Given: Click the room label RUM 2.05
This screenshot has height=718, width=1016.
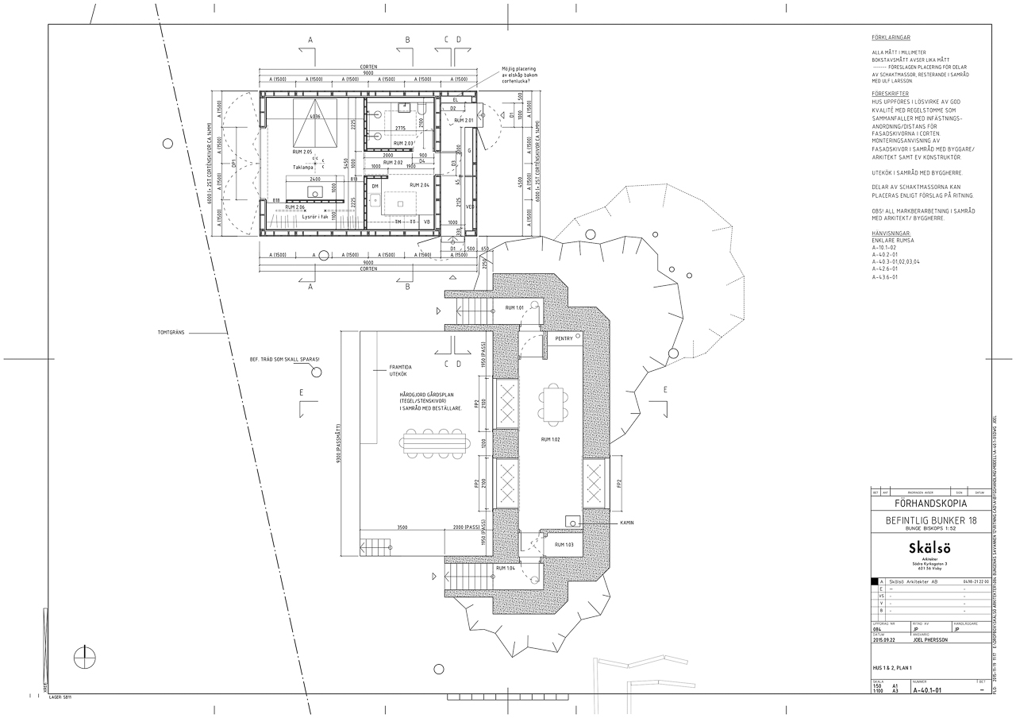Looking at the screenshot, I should [302, 152].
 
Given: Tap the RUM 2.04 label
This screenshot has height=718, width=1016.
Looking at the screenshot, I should [419, 185].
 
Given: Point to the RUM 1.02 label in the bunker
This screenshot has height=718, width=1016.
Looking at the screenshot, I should [551, 439].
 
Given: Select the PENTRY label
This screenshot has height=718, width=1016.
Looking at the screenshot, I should [564, 339].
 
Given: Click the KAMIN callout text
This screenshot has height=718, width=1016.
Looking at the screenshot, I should [628, 523].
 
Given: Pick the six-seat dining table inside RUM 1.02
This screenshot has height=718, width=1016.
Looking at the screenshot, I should [554, 403].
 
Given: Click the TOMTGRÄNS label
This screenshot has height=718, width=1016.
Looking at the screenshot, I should [171, 332].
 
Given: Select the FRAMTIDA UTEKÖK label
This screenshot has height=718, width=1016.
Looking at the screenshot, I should [398, 370].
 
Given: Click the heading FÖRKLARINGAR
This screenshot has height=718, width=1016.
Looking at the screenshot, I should [891, 37].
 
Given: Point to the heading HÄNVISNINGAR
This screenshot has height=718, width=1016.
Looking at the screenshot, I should [892, 234].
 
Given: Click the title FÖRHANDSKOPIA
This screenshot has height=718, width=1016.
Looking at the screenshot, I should [929, 504].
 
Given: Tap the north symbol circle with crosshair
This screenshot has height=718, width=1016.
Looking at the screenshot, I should [84, 657].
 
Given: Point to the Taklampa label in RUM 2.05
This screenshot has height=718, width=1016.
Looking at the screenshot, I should [303, 168].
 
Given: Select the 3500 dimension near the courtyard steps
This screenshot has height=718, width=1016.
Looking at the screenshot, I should [402, 527].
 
